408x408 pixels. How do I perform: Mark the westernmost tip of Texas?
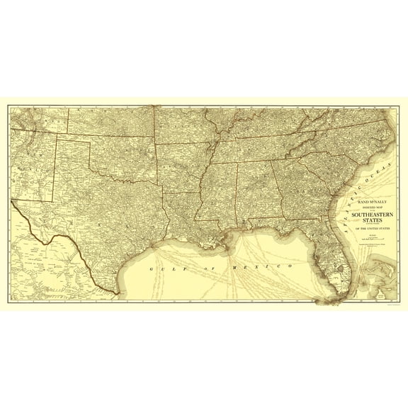tap(13, 202)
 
